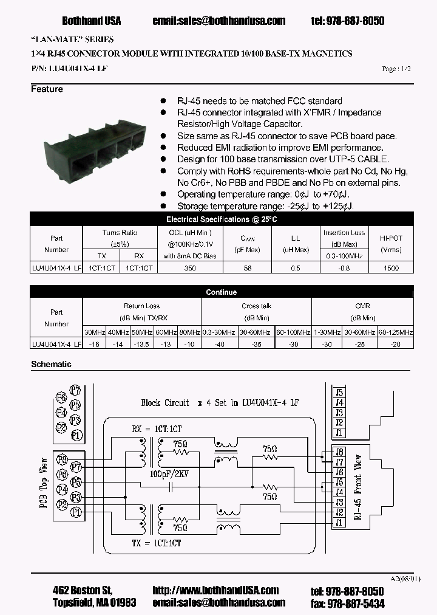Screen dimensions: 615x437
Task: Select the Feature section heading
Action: (x=47, y=89)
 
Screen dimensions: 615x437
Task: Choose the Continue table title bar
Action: (x=222, y=292)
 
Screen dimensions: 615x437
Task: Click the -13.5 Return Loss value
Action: (x=141, y=344)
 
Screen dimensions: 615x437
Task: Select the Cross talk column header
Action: (x=256, y=306)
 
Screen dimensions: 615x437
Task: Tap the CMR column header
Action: (x=362, y=306)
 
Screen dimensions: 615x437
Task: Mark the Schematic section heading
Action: (x=51, y=364)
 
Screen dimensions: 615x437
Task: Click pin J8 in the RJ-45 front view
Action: (x=339, y=452)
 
